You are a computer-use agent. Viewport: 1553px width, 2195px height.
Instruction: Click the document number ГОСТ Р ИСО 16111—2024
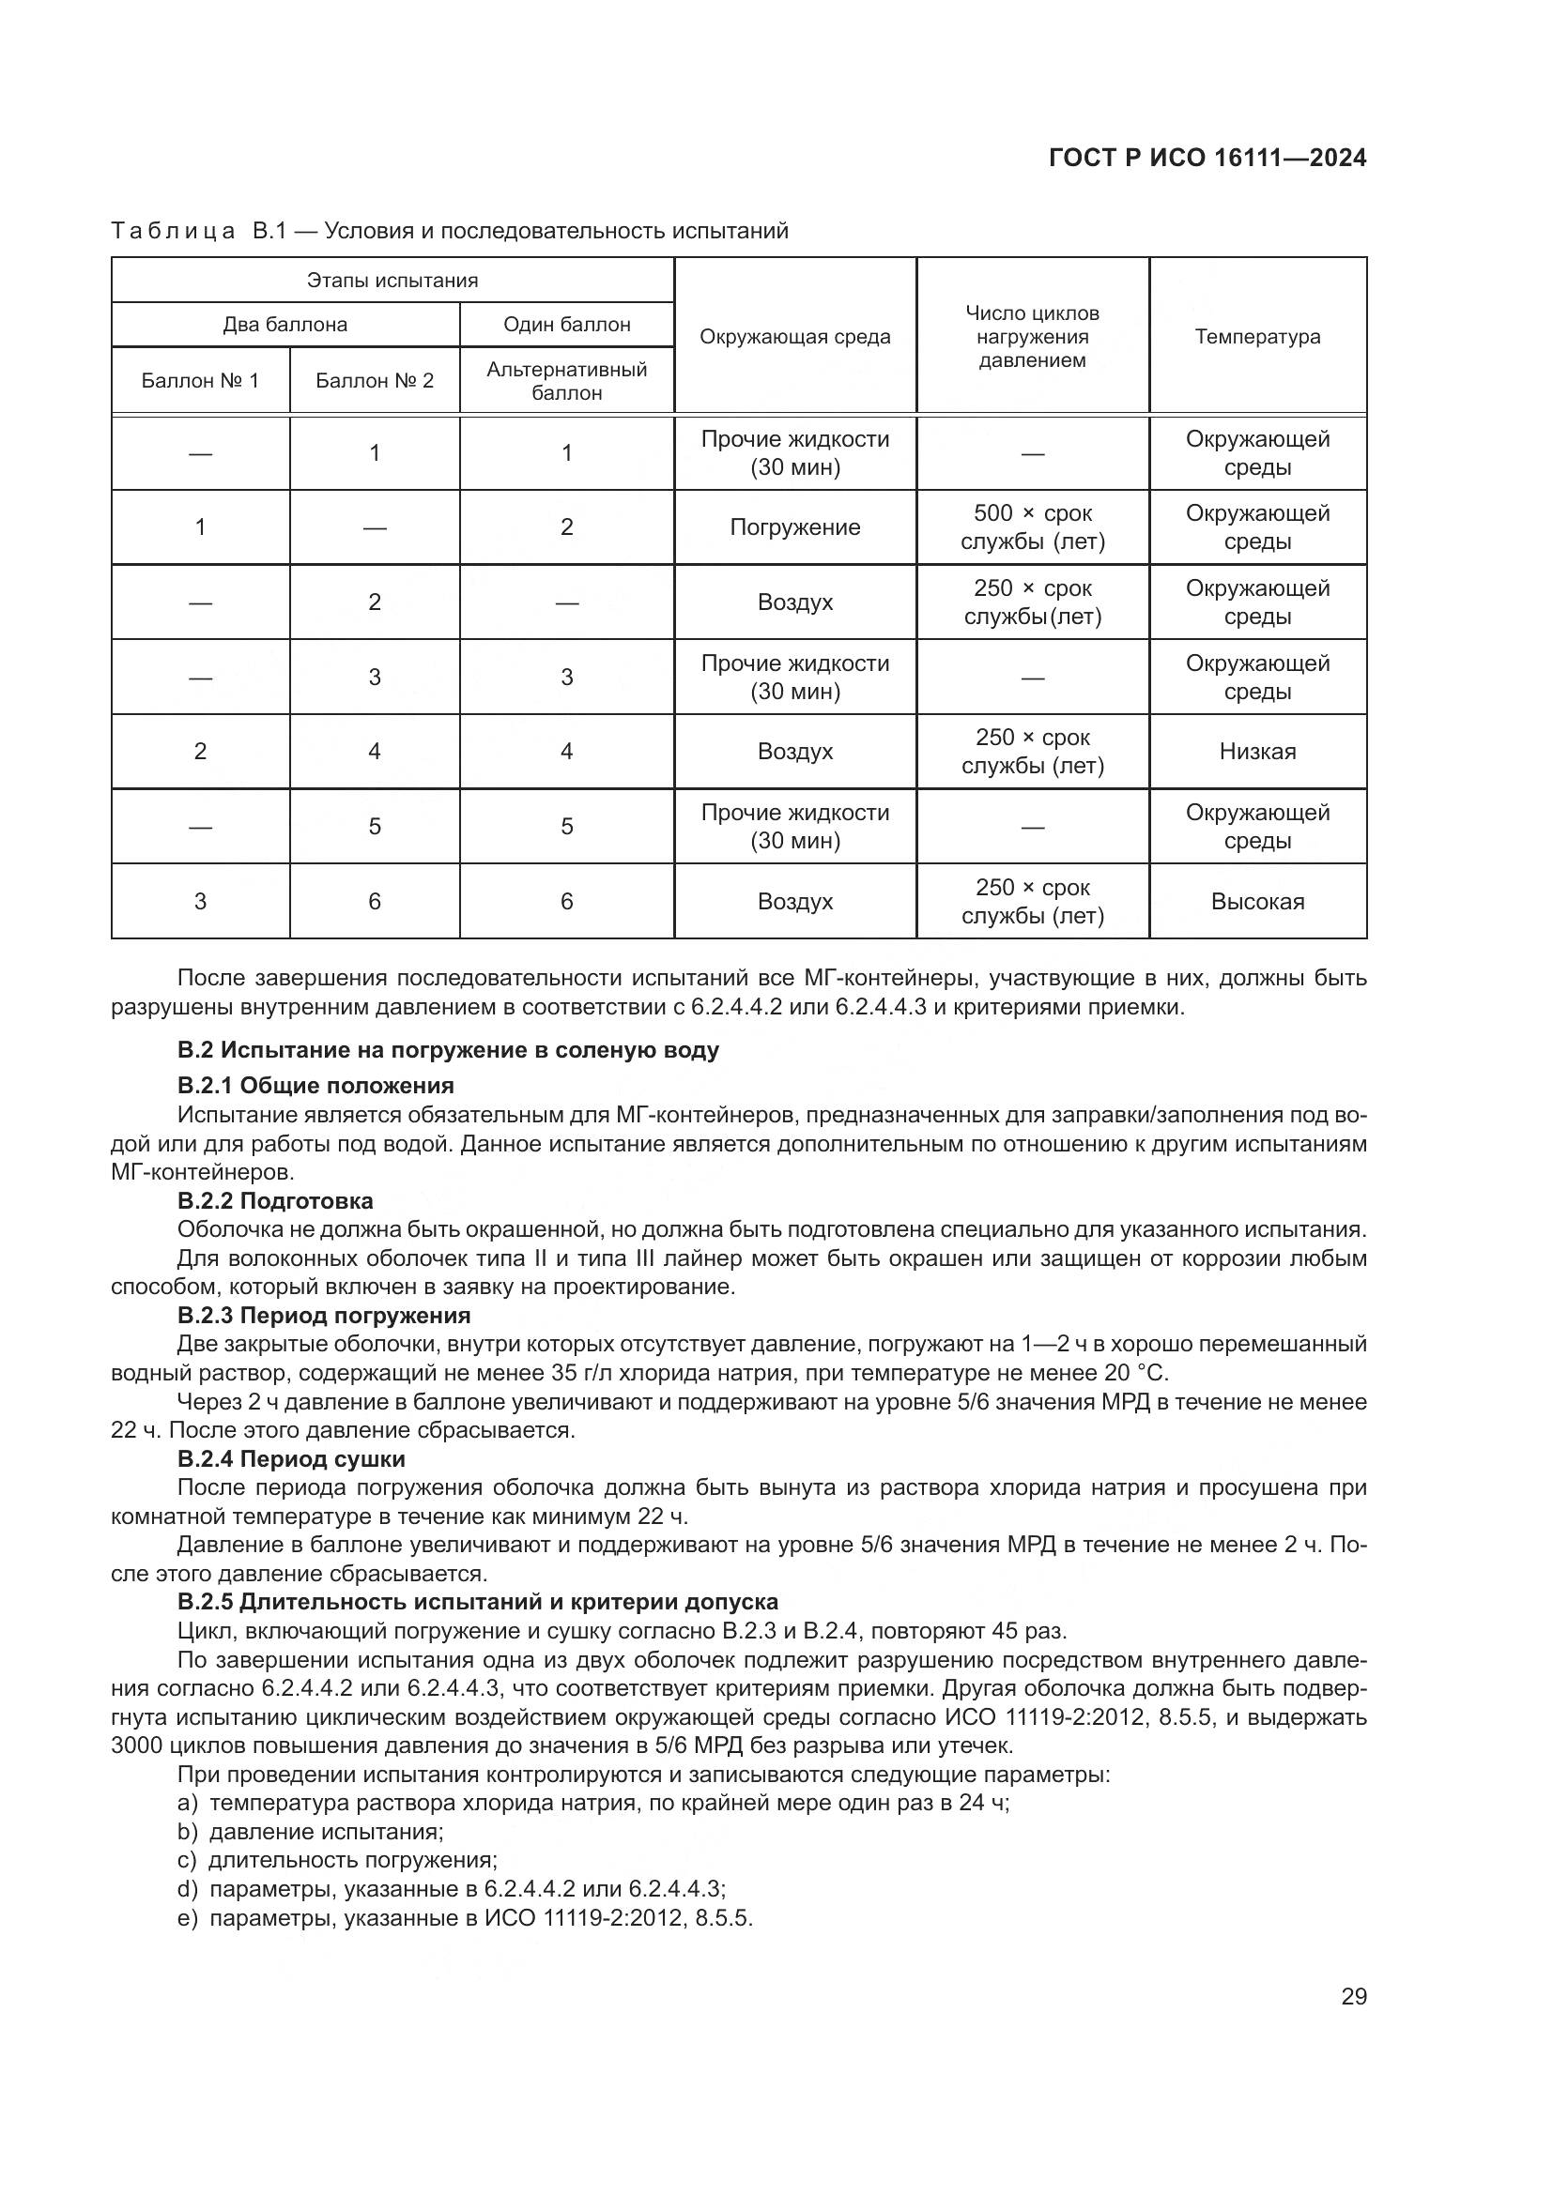[1207, 158]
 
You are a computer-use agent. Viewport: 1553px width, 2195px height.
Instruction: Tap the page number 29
[1353, 1996]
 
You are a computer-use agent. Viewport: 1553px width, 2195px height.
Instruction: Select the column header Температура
[1256, 337]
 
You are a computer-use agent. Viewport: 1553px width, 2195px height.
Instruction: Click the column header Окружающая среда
[794, 337]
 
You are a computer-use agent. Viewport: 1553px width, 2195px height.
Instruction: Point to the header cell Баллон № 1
[200, 380]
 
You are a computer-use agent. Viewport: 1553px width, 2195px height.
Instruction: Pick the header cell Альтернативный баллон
[566, 380]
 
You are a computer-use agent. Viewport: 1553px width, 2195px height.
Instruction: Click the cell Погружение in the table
[794, 526]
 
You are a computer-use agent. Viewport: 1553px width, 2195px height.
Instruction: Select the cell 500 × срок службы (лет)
[1032, 526]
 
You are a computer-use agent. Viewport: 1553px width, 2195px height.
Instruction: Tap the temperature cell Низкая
[1256, 752]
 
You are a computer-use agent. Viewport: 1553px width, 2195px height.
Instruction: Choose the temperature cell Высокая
[1256, 902]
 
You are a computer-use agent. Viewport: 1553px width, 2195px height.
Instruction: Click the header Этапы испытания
[392, 280]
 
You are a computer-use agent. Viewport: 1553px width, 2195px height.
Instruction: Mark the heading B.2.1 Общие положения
[315, 1085]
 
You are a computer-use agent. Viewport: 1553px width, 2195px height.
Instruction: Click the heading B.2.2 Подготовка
[275, 1201]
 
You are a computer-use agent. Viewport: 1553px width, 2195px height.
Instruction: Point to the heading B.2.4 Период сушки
[292, 1459]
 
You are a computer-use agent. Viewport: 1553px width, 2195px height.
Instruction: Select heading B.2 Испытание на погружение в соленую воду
[448, 1050]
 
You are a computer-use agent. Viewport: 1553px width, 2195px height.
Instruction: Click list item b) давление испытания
[311, 1832]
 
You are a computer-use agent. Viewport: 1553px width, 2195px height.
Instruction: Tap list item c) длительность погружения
[338, 1860]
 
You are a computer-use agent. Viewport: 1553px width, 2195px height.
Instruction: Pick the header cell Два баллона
[285, 324]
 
